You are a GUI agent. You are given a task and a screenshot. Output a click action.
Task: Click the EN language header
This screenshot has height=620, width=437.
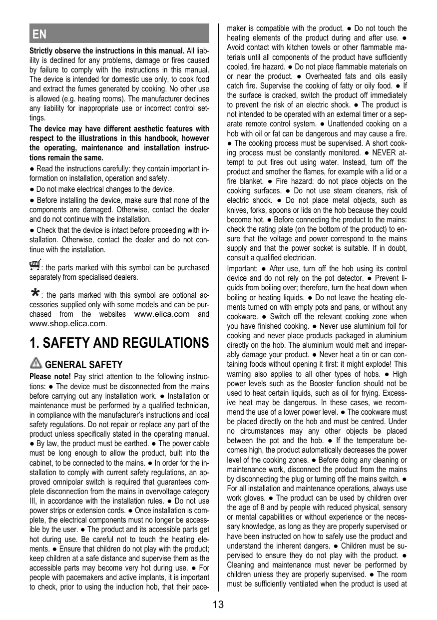pos(39,34)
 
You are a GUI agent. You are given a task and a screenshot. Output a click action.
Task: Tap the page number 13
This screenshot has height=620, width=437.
pos(218,605)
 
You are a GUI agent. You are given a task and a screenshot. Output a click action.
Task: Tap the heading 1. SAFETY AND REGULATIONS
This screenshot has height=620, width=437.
pos(119,343)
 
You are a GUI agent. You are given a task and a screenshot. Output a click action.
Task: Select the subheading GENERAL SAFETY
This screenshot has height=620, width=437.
pos(83,365)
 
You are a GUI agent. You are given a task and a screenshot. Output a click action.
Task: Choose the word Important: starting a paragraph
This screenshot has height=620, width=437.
pos(243,268)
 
